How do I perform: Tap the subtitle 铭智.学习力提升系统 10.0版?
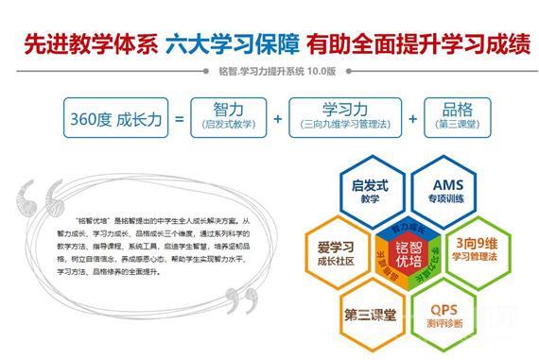tap(269, 72)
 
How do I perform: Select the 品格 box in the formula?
tap(457, 117)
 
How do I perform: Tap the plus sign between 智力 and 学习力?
tap(277, 119)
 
